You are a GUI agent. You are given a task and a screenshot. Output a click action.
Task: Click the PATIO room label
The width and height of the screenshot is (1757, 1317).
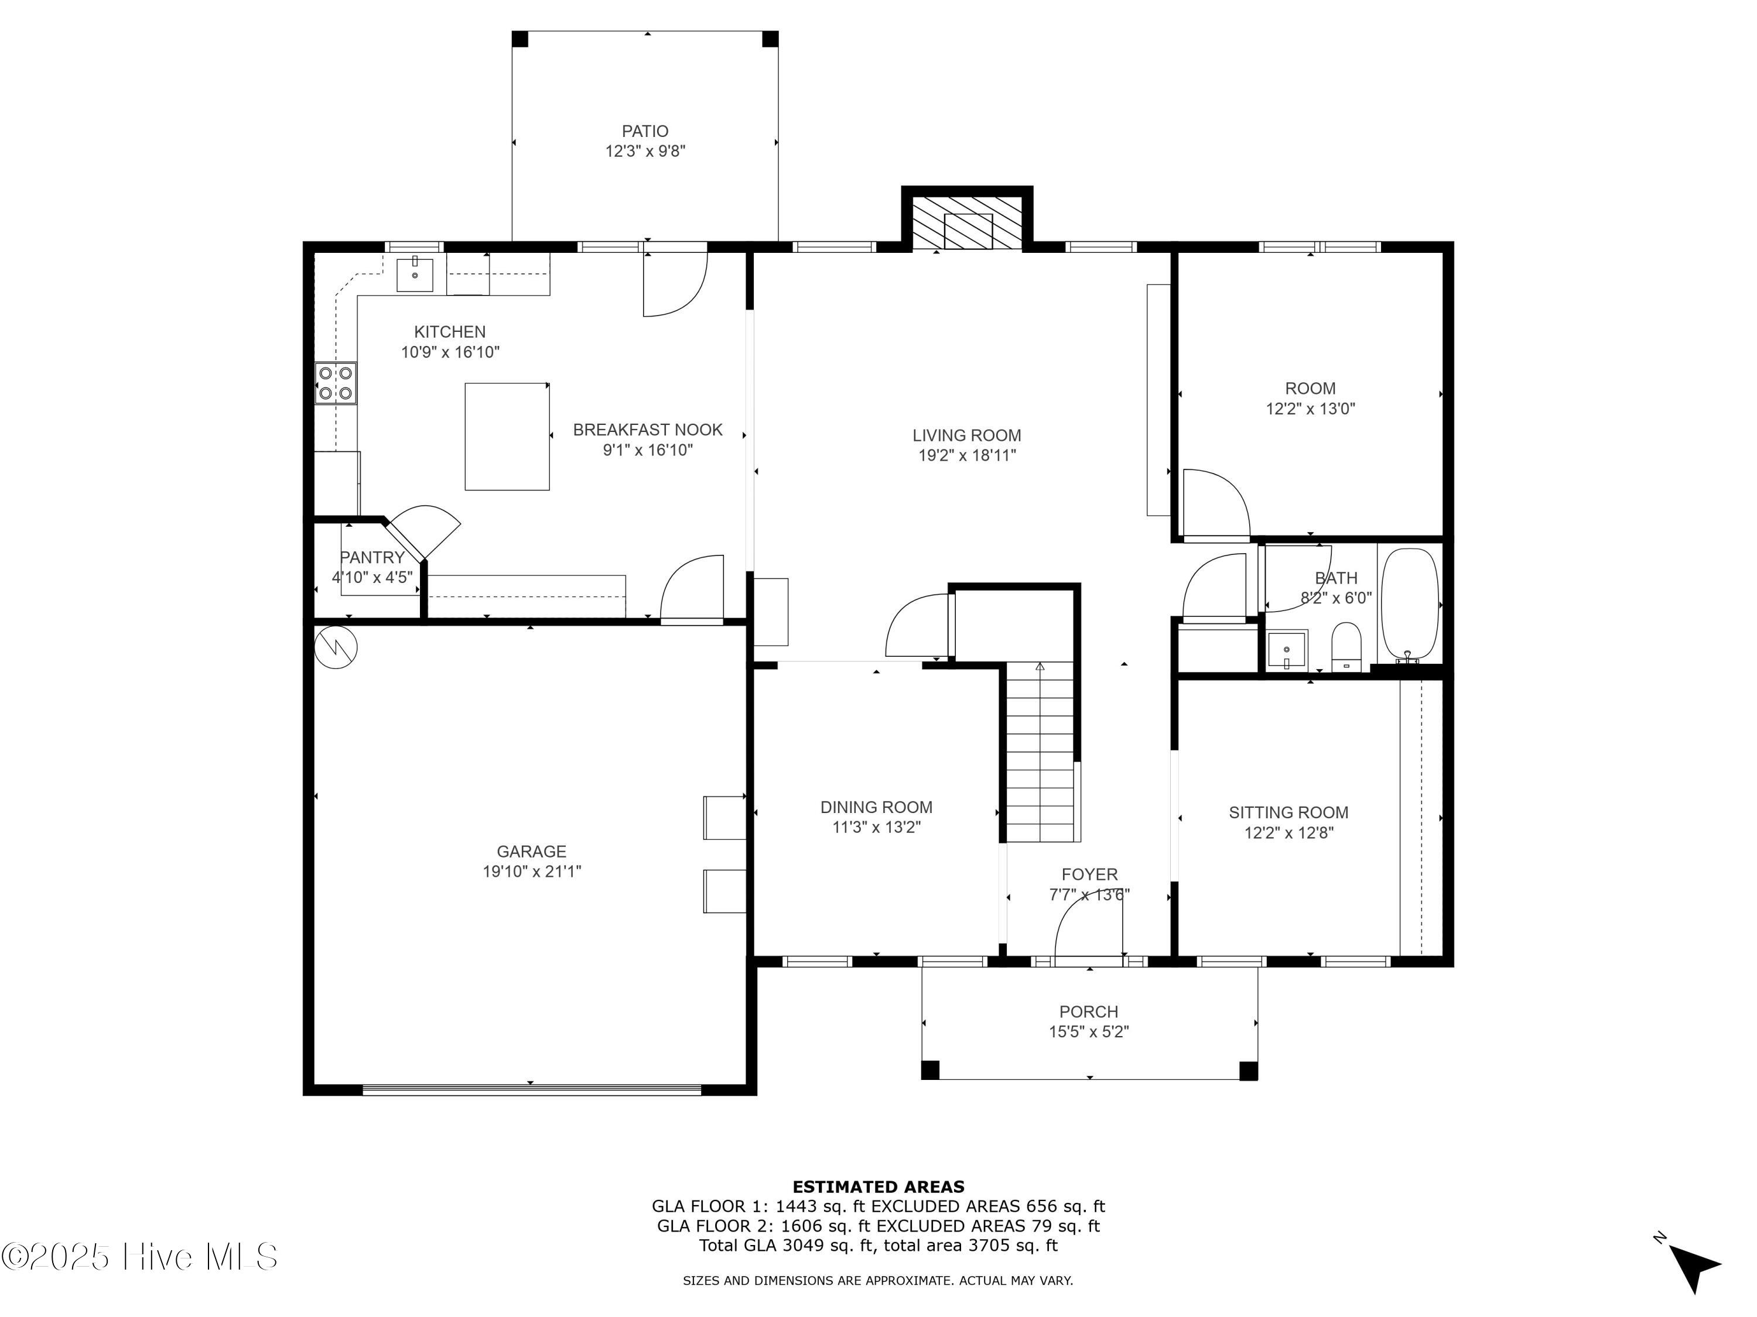coord(644,131)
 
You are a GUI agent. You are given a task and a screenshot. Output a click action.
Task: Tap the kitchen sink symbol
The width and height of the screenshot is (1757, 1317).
coord(415,274)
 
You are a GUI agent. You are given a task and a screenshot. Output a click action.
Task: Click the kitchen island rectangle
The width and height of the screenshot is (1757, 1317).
coord(507,437)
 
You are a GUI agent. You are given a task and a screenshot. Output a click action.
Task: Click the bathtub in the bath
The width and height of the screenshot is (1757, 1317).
coord(1409,605)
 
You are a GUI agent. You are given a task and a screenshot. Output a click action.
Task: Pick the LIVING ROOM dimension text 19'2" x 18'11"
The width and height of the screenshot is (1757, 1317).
coord(967,455)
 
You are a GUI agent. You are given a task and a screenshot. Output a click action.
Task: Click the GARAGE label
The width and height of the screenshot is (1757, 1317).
coord(531,851)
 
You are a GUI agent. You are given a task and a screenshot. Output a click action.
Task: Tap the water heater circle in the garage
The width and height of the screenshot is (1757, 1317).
coord(336,647)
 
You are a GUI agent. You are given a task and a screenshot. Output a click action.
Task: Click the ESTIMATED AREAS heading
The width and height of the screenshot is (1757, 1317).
coord(878,1187)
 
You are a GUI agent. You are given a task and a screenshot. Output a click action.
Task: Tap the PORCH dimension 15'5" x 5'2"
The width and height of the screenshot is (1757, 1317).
coord(1088,1032)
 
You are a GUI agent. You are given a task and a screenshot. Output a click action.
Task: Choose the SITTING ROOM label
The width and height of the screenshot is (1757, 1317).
coord(1288,812)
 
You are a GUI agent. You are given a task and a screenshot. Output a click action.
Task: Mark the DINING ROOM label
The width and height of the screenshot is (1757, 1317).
coord(876,807)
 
